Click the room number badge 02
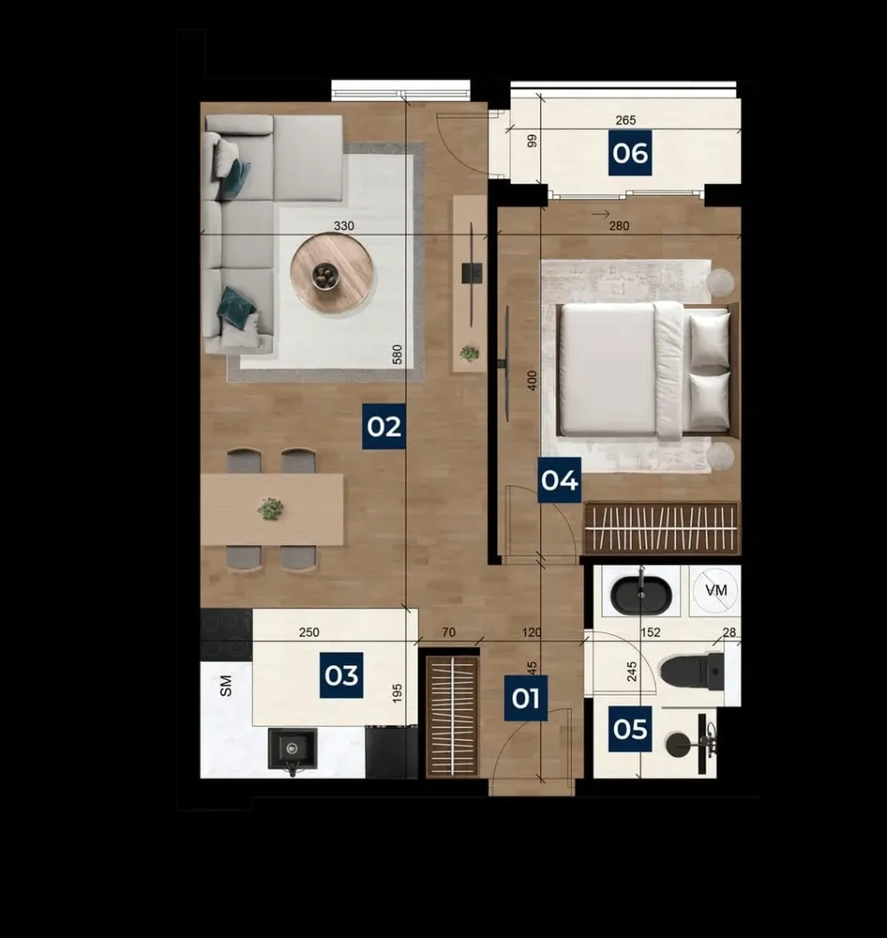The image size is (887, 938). point(384,426)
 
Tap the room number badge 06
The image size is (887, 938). point(630,154)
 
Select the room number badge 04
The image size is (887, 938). point(559,480)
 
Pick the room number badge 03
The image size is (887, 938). point(341,676)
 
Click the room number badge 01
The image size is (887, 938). point(526,698)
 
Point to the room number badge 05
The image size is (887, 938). point(630,729)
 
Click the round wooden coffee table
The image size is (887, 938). point(332,274)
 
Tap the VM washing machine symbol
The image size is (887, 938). point(716,591)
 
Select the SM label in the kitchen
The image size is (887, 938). point(226,686)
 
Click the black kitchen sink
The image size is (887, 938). point(292,750)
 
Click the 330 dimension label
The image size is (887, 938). point(343,226)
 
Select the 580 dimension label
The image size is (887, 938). point(397,354)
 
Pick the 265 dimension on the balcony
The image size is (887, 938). point(626,120)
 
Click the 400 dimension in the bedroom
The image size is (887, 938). point(532,380)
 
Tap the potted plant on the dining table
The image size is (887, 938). point(271,509)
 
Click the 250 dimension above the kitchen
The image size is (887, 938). point(308,632)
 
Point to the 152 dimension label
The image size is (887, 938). point(650,632)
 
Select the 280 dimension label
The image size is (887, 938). point(619,226)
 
